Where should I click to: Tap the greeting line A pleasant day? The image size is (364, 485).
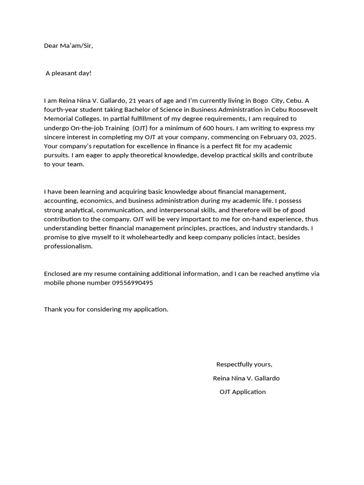tap(68, 73)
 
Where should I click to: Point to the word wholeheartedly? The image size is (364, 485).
tap(146, 237)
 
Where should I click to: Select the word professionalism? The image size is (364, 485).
tap(68, 246)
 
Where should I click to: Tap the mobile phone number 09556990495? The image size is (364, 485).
tap(132, 283)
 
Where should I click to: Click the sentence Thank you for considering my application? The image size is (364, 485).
tap(106, 309)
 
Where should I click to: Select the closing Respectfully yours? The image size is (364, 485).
tap(244, 364)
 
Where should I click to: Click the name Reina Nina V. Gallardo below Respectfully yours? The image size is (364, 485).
tap(246, 378)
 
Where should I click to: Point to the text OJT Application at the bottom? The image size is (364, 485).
tap(243, 392)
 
